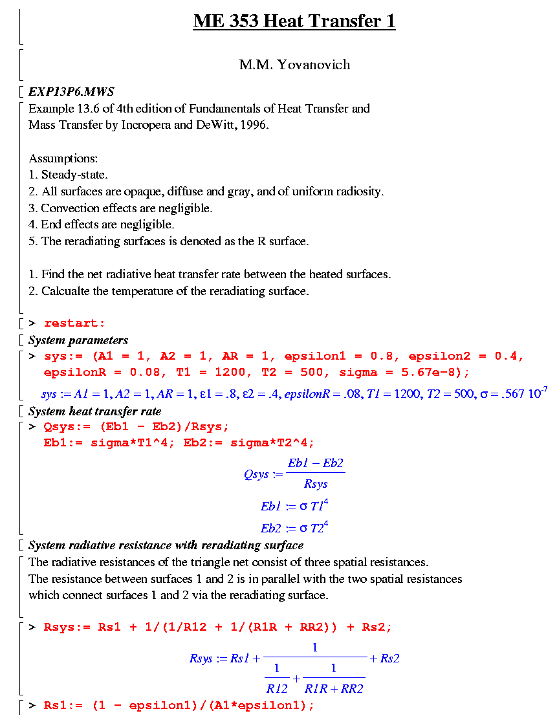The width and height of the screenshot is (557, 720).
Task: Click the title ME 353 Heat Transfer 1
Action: (x=294, y=21)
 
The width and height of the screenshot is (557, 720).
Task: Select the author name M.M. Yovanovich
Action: (x=294, y=65)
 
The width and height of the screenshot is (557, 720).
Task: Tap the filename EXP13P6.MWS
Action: (x=71, y=91)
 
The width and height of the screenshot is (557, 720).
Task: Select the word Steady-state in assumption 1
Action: (x=74, y=175)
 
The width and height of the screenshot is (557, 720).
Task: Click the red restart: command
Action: (x=74, y=323)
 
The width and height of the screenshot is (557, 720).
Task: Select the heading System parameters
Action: (x=78, y=340)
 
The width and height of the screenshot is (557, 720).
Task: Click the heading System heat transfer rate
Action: (x=94, y=411)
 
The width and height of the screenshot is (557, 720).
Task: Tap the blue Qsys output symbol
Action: (x=256, y=474)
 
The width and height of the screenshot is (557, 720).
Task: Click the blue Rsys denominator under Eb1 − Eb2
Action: (x=316, y=485)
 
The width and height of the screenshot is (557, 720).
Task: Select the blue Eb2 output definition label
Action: (x=272, y=529)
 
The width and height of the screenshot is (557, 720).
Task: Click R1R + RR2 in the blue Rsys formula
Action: (x=334, y=689)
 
